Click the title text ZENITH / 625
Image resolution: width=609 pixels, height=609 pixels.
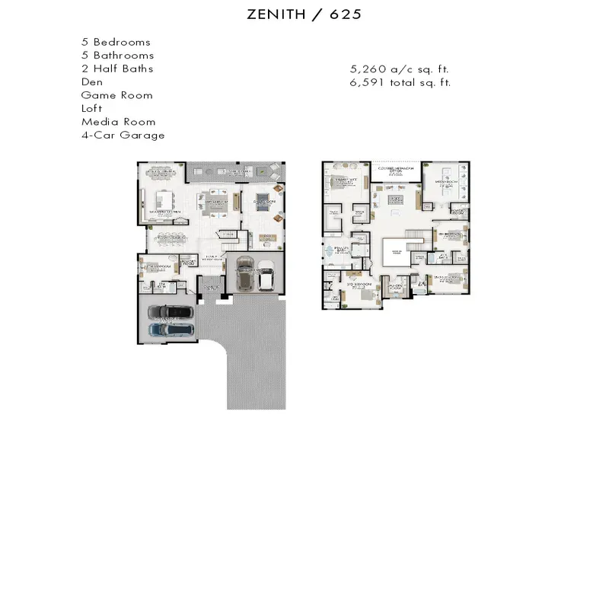tap(304, 14)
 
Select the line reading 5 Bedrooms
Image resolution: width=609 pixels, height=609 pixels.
tap(116, 42)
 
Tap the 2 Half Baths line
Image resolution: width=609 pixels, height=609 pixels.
tap(117, 69)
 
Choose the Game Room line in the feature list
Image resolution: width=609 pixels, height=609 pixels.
tap(117, 95)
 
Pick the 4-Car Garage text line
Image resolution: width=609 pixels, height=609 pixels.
tap(123, 135)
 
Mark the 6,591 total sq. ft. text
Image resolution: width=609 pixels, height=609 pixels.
tap(400, 81)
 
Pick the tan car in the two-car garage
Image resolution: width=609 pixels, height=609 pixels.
tap(245, 276)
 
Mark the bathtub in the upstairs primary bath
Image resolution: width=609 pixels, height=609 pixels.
tap(329, 250)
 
